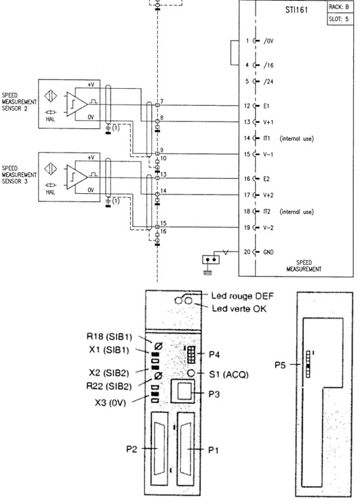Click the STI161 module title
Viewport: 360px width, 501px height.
click(x=296, y=9)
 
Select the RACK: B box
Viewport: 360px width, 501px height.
click(x=340, y=7)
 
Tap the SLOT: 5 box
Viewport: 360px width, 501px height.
click(x=340, y=19)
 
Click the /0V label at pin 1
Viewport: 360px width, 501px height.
click(x=268, y=41)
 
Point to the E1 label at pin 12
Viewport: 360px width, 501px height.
click(x=266, y=106)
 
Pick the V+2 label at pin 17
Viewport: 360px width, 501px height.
click(x=268, y=195)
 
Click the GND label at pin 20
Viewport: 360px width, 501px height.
click(x=268, y=252)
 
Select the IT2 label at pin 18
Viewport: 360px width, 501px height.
click(x=266, y=212)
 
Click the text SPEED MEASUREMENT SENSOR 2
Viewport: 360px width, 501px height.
click(x=19, y=102)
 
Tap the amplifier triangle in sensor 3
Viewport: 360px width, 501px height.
click(x=77, y=177)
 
